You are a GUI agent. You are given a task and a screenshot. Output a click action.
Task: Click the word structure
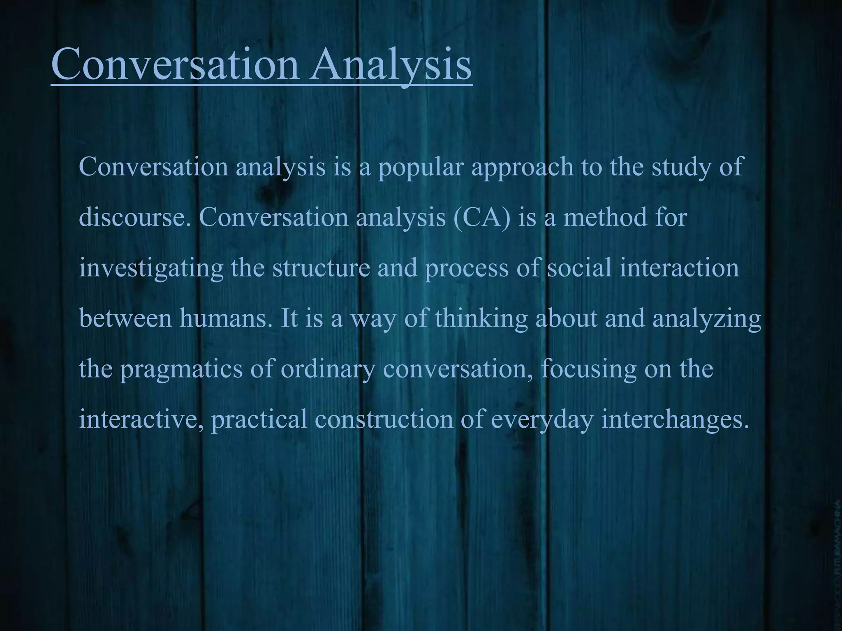(x=321, y=268)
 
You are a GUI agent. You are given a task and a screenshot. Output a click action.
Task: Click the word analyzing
(x=707, y=319)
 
